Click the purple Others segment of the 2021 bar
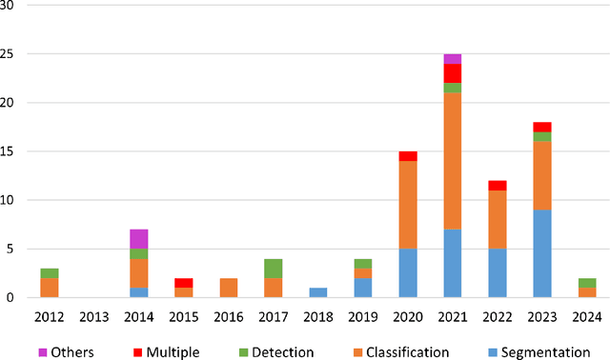(452, 59)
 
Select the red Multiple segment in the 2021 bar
(452, 73)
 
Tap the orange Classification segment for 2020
(408, 205)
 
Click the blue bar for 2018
(319, 292)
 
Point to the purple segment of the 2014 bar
(139, 238)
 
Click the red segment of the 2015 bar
(184, 283)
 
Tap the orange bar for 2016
(229, 288)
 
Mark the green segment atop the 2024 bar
(586, 283)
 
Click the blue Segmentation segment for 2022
(497, 273)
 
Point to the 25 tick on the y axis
(12, 54)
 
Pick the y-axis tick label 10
(12, 200)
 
